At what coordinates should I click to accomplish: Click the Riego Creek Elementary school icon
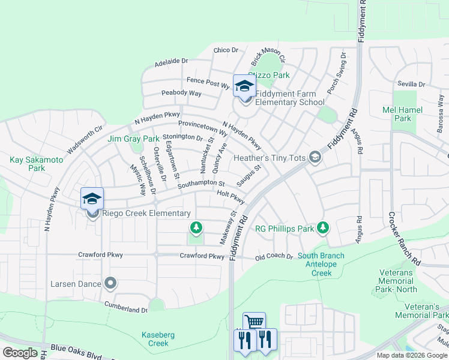click(x=92, y=199)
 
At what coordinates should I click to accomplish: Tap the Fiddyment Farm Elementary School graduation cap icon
click(x=244, y=86)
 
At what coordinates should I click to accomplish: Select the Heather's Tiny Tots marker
click(x=315, y=158)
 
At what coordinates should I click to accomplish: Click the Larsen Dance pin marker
click(x=110, y=282)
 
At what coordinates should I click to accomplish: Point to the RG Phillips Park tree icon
click(x=323, y=227)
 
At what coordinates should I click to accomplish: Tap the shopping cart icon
click(x=254, y=322)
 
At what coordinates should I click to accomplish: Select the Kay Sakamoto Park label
click(x=28, y=164)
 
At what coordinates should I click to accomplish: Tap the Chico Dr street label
click(x=226, y=50)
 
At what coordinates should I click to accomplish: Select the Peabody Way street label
click(x=181, y=93)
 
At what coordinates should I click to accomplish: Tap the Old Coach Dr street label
click(x=274, y=257)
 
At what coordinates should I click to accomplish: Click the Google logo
click(x=20, y=352)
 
